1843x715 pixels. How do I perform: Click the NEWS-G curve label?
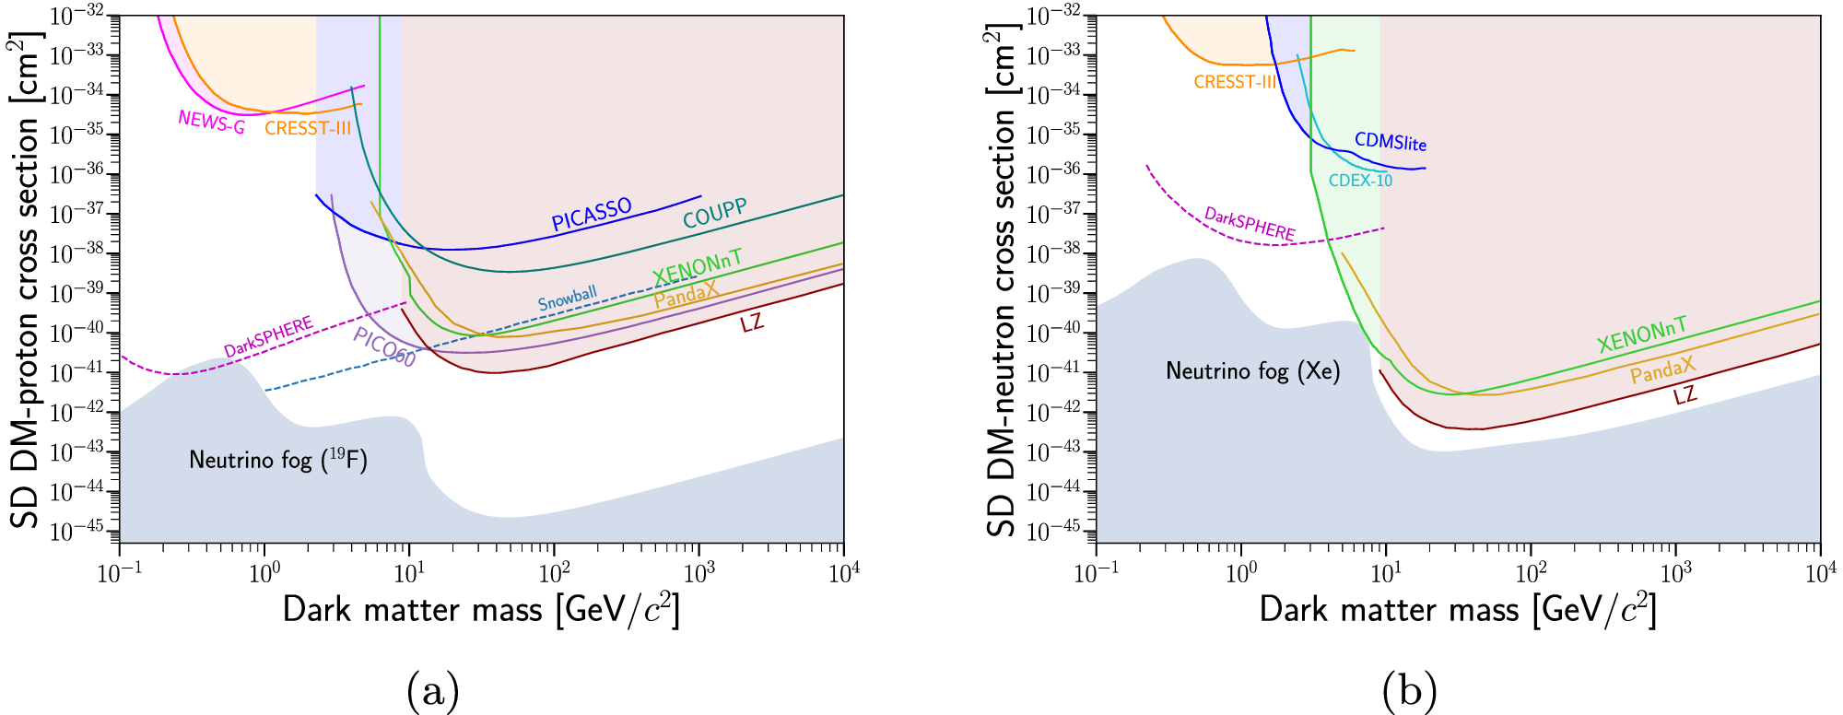tap(211, 122)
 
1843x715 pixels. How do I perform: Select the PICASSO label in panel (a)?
tap(592, 215)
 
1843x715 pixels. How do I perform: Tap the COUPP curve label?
tap(714, 214)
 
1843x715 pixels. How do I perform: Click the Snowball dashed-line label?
tap(568, 298)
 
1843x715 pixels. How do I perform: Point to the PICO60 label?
tap(384, 346)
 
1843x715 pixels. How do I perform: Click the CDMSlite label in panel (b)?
tap(1390, 141)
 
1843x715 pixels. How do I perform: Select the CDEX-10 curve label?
tap(1360, 181)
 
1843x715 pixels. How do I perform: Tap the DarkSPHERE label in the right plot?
tap(1250, 224)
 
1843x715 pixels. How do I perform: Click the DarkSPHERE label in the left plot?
tap(268, 336)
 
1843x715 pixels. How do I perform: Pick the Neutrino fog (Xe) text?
tap(1252, 370)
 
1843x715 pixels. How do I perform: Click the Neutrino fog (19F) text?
tap(277, 459)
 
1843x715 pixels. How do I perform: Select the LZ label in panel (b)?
tap(1685, 395)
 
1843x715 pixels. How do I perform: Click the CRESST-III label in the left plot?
tap(307, 128)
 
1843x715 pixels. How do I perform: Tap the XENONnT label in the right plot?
tap(1642, 335)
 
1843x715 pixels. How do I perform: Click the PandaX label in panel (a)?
tap(686, 295)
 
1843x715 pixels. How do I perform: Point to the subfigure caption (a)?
tap(432, 690)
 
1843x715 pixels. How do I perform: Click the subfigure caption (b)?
tap(1409, 690)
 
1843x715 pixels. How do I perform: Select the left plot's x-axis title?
tap(481, 610)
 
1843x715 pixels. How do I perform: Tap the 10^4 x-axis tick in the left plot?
tap(843, 574)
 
